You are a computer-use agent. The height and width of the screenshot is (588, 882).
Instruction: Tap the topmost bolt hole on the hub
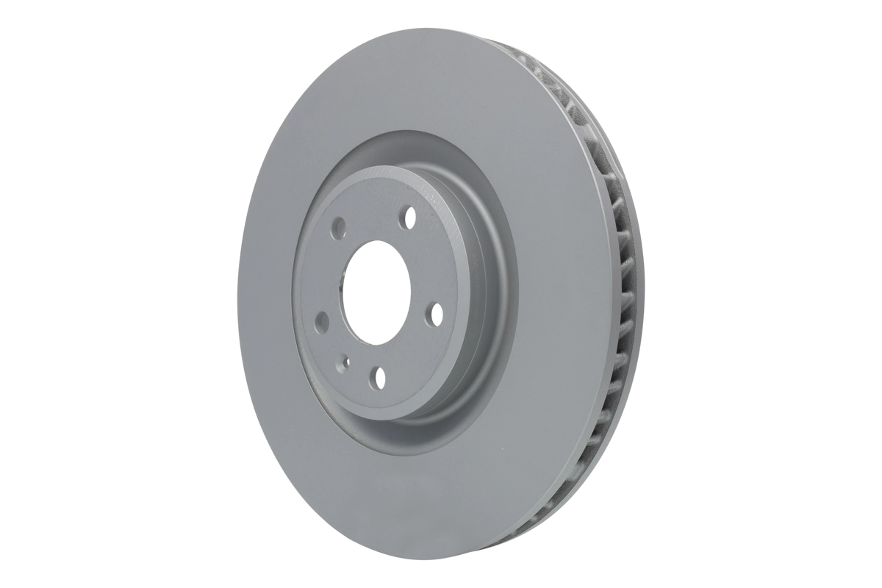point(409,217)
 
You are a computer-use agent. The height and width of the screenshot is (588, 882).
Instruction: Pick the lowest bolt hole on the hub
point(379,378)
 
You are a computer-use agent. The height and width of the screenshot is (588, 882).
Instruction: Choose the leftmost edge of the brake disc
point(237,294)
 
